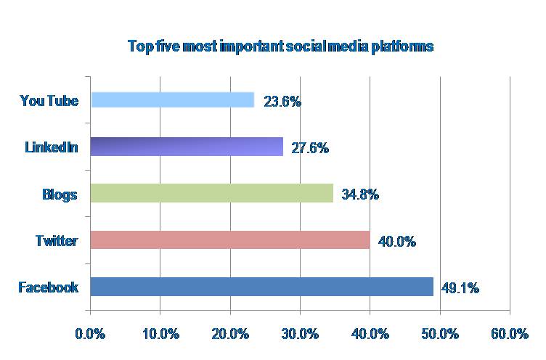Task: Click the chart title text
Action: tap(280, 46)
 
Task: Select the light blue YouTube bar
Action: tap(172, 100)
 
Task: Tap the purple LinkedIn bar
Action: tap(187, 147)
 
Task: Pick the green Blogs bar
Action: tap(211, 193)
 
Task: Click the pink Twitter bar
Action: tap(230, 240)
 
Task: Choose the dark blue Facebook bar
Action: tap(261, 287)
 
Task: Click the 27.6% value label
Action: tap(311, 148)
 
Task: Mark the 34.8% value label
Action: tap(361, 195)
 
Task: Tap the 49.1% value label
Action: tap(461, 288)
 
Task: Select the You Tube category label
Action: tap(49, 100)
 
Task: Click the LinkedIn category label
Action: tap(51, 147)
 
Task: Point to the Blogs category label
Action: tap(60, 194)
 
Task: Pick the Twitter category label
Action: tap(56, 240)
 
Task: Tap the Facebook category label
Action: tap(48, 287)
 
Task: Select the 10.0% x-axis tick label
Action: tap(160, 334)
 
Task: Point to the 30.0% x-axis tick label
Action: tap(301, 334)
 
